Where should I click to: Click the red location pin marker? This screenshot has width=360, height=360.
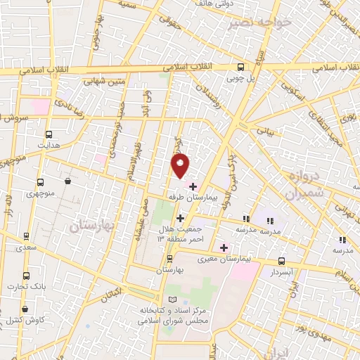[181, 165]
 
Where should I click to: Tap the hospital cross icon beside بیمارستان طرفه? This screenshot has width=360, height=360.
[193, 186]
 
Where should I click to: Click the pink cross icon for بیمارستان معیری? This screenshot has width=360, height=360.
[224, 247]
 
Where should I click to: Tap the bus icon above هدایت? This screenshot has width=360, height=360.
[49, 135]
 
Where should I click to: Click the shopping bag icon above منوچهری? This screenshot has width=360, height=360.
[67, 181]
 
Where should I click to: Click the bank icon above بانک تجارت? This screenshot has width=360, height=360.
[26, 276]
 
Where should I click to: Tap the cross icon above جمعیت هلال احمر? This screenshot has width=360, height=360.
[181, 217]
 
